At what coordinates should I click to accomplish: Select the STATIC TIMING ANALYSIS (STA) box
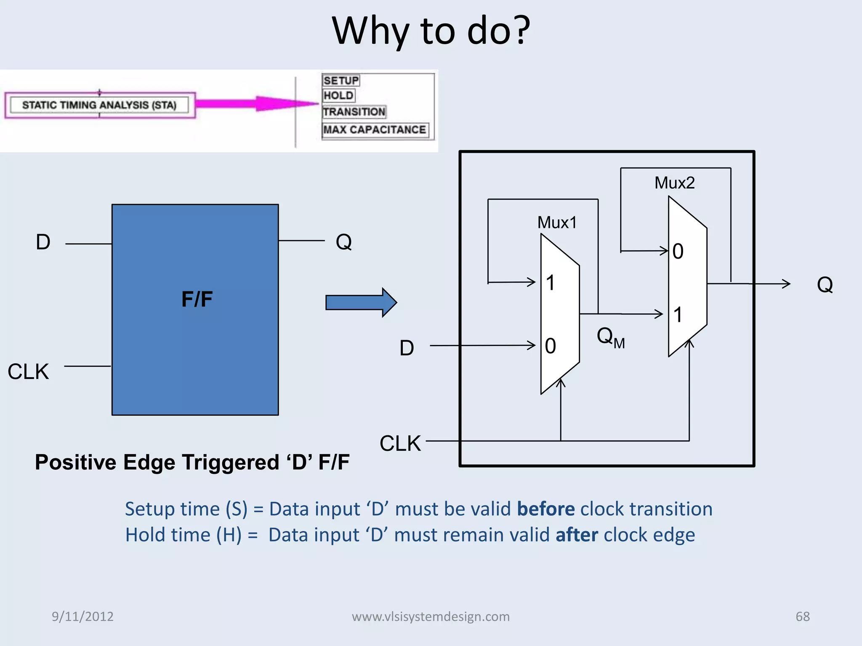click(100, 105)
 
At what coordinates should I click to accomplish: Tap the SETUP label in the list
click(341, 80)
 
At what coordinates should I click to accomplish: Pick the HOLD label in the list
click(338, 95)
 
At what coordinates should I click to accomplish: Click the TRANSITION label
click(354, 112)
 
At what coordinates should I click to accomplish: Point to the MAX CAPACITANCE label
click(375, 130)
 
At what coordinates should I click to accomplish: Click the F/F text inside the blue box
click(197, 299)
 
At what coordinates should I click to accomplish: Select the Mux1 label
click(557, 222)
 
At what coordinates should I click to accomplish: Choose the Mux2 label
click(674, 183)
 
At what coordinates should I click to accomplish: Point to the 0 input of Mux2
click(678, 251)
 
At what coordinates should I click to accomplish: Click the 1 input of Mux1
click(550, 283)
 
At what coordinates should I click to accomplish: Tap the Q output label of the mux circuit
click(825, 285)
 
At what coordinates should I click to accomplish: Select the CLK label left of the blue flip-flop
click(28, 372)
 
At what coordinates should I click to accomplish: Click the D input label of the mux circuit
click(407, 348)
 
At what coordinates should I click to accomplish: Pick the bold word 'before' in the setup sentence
click(545, 509)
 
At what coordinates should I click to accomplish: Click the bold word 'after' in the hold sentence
click(577, 535)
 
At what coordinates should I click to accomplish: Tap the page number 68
click(802, 616)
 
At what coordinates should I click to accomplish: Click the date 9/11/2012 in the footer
click(82, 616)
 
